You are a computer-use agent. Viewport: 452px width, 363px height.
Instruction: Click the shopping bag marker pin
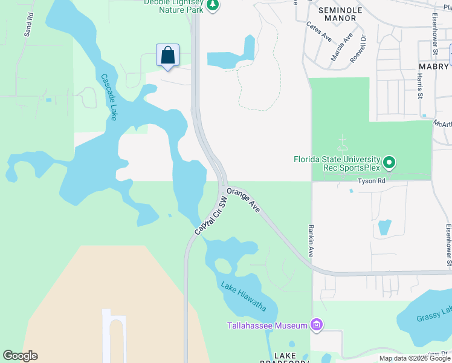[x=168, y=56]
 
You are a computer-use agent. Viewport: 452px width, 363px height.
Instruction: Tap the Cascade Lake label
[x=109, y=97]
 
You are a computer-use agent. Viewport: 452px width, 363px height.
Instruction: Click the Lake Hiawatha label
[x=243, y=296]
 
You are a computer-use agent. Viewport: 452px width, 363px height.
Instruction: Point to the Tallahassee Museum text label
[x=267, y=325]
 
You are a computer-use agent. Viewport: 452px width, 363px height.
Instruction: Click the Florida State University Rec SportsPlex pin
[x=390, y=162]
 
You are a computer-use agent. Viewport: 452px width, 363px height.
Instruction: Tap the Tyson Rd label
[x=372, y=181]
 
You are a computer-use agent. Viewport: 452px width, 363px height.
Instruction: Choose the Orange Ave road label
[x=244, y=200]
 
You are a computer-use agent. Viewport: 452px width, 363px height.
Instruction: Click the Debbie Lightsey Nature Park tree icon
[x=212, y=5]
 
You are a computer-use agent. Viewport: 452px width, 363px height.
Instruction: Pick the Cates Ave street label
[x=319, y=32]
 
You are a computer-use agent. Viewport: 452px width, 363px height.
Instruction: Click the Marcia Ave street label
[x=341, y=47]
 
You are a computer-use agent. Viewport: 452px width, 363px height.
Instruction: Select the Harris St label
[x=419, y=85]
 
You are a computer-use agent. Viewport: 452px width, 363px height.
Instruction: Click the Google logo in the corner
[x=21, y=356]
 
